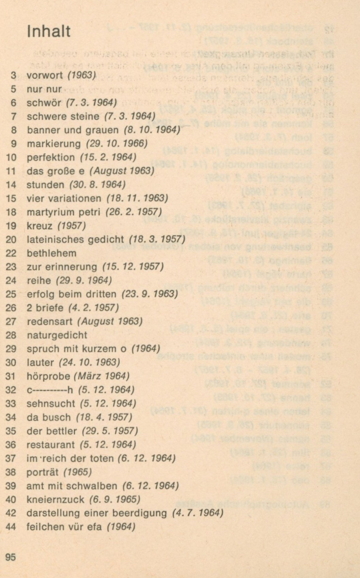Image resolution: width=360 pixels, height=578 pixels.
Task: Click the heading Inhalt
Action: (49, 31)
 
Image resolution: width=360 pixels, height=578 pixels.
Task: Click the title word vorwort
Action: (45, 75)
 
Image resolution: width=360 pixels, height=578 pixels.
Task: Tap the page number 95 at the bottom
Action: (11, 557)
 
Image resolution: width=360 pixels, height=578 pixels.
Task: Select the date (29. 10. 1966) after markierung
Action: (117, 144)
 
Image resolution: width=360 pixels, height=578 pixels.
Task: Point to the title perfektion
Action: (51, 157)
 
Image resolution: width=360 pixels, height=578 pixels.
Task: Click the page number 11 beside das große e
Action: (11, 171)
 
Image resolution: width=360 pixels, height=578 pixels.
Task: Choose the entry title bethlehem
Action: (52, 253)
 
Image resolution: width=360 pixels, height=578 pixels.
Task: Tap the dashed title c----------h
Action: (50, 390)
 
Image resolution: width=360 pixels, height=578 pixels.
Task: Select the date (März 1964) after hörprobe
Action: (102, 376)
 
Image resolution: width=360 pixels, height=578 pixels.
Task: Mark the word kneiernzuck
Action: (55, 499)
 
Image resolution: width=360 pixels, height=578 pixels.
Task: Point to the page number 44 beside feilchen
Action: (11, 527)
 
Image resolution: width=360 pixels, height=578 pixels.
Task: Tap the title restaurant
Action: (51, 445)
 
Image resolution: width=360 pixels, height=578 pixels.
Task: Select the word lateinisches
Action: (56, 240)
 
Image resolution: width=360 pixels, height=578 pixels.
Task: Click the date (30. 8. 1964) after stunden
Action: (97, 185)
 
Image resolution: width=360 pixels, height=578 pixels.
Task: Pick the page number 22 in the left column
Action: (11, 253)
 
